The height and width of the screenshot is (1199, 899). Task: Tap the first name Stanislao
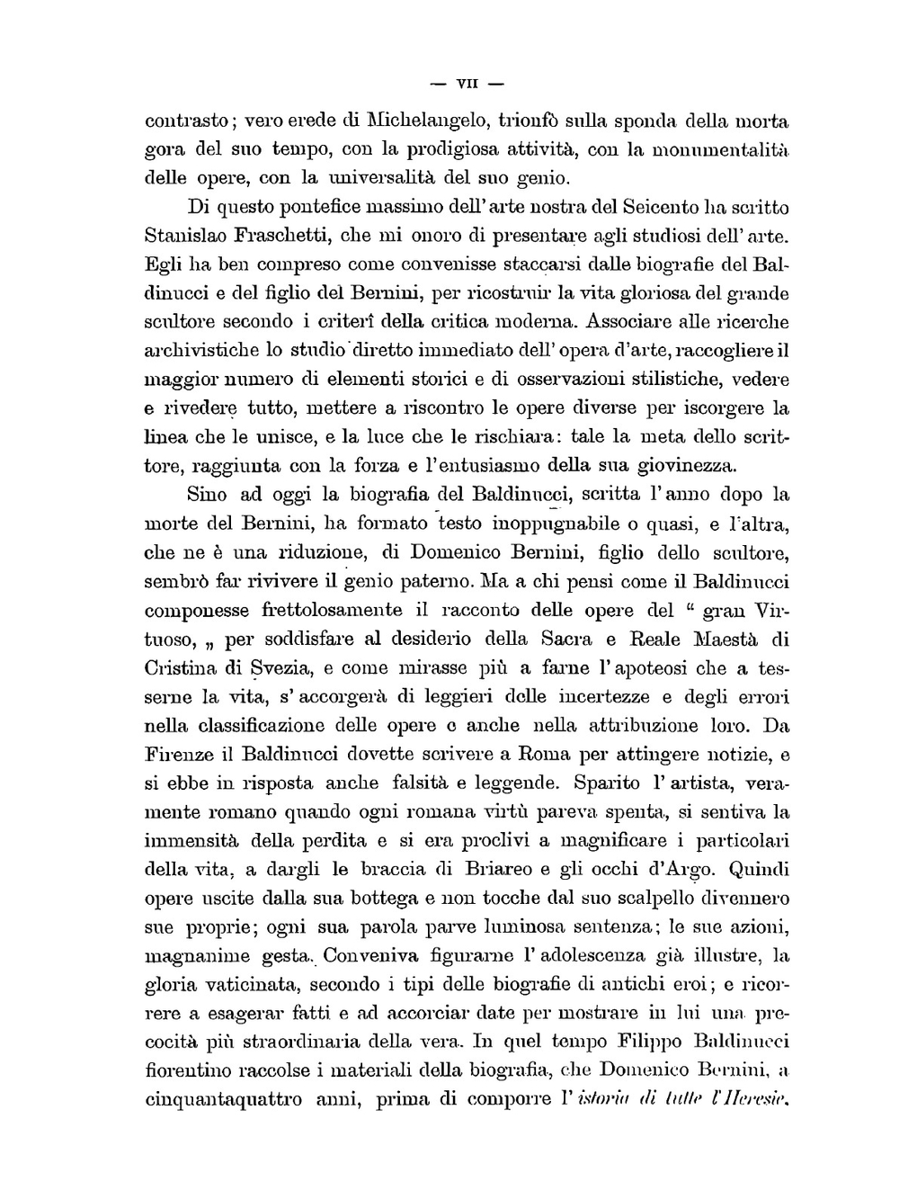tap(186, 237)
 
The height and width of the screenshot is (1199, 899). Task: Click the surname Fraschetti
tap(282, 237)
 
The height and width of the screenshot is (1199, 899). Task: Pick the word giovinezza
tap(685, 466)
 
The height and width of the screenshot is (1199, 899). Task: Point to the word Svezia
tap(280, 668)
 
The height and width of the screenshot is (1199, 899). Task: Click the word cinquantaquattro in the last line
tap(223, 1100)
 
